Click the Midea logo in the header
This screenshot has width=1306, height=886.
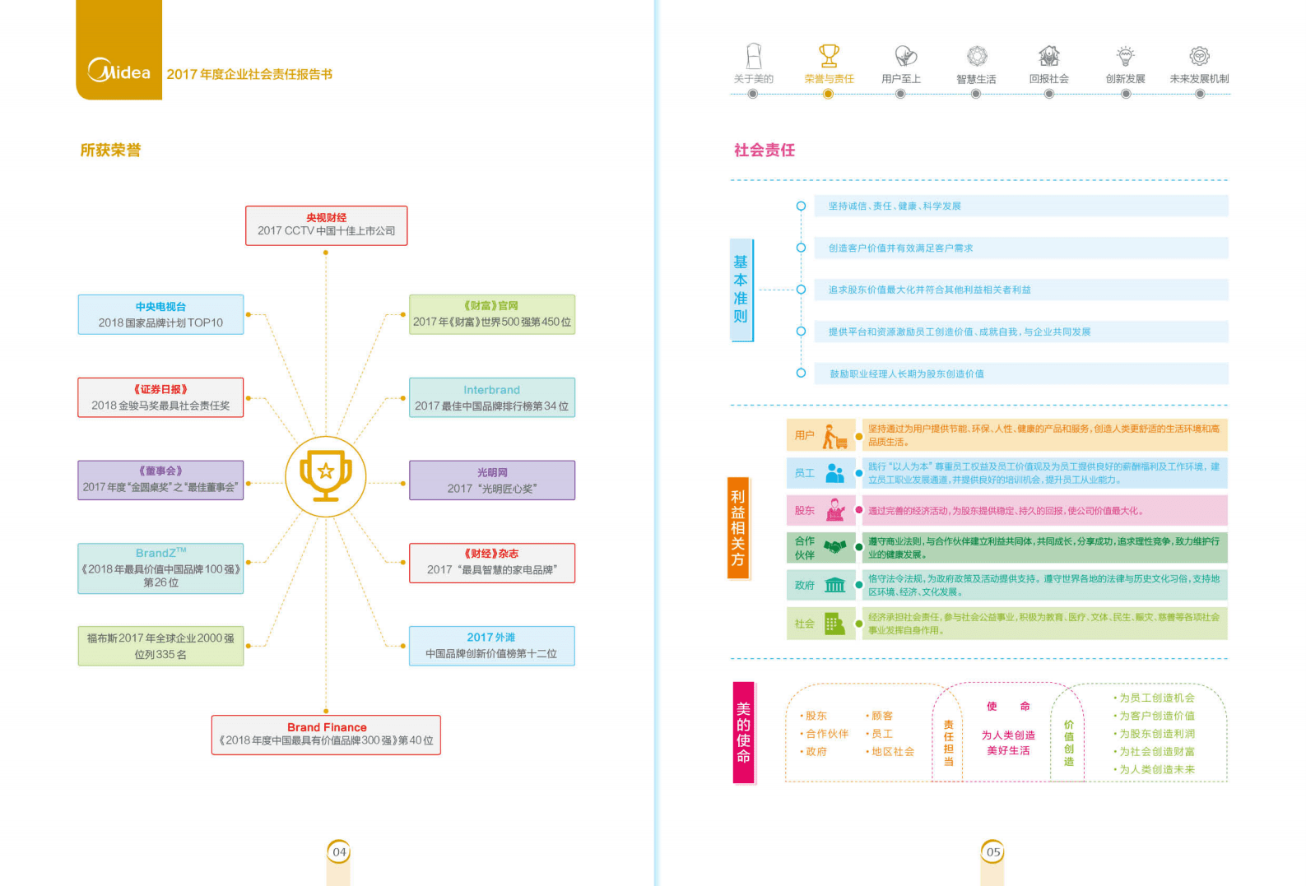point(119,71)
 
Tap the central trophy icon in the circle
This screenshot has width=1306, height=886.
point(326,475)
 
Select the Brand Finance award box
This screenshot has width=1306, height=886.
point(326,734)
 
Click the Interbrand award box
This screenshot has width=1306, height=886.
point(491,397)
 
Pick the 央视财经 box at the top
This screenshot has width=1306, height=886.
point(326,225)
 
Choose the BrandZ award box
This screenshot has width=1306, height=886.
point(160,568)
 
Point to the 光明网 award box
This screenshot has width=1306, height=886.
point(491,480)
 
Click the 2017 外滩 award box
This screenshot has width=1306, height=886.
point(491,646)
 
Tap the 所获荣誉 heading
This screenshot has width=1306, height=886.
point(110,150)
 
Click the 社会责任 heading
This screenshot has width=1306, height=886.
point(764,150)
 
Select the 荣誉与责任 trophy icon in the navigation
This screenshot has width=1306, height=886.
point(829,56)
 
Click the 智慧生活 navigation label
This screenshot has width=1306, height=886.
point(976,79)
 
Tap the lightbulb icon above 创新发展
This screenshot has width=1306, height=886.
point(1125,56)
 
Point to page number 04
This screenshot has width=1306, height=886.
point(339,851)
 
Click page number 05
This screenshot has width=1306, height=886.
point(993,851)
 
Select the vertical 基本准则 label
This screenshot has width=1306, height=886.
point(741,290)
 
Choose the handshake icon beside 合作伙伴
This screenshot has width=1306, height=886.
point(835,547)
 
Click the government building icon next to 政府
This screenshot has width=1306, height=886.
point(835,585)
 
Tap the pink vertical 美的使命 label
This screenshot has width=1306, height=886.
point(743,732)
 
